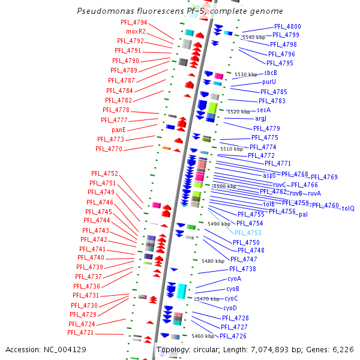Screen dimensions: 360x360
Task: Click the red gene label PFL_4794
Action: point(134,22)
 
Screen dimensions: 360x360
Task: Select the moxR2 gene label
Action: point(135,31)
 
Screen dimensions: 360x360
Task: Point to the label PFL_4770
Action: point(109,149)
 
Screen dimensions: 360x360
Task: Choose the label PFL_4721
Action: point(80,332)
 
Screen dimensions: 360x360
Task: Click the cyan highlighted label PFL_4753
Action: point(248,233)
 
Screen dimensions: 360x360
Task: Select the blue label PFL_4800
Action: point(287,27)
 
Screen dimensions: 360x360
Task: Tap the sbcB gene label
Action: point(271,73)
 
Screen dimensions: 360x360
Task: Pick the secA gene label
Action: point(263,110)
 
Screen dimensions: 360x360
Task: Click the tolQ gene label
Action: point(348,208)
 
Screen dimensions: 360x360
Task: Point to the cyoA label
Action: point(234,279)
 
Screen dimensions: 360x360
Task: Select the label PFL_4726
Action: point(233,336)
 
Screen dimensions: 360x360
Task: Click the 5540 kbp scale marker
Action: point(253,37)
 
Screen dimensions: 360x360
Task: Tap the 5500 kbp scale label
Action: point(224,186)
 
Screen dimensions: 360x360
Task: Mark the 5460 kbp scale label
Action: point(203,336)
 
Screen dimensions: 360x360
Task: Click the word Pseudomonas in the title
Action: point(103,11)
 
